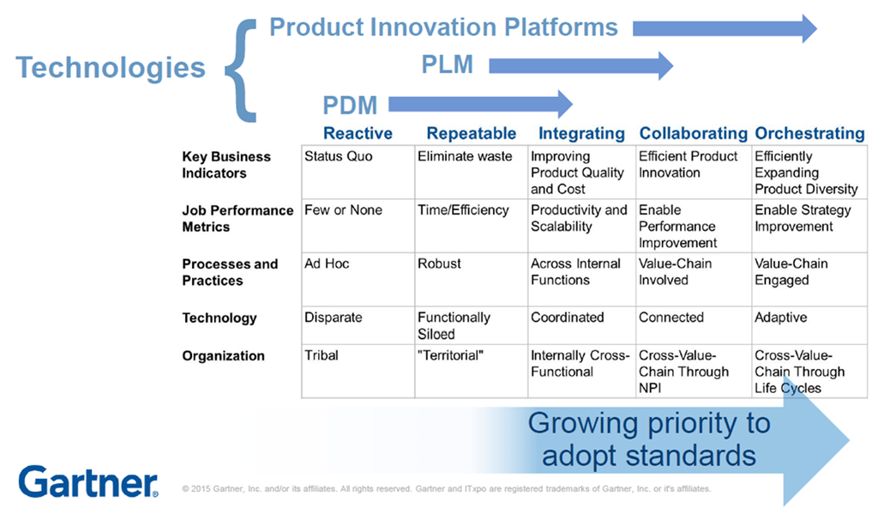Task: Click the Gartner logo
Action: [88, 481]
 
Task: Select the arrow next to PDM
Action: [480, 105]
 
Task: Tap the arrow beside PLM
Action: [580, 66]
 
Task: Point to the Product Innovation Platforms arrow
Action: [725, 28]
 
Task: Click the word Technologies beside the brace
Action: [111, 67]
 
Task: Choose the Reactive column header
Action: [358, 134]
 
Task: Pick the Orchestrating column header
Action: [809, 134]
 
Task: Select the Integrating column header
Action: [581, 134]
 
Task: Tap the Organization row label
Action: [223, 356]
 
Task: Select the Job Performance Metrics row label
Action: [238, 219]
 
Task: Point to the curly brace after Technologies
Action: [241, 70]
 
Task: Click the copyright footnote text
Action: [446, 489]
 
